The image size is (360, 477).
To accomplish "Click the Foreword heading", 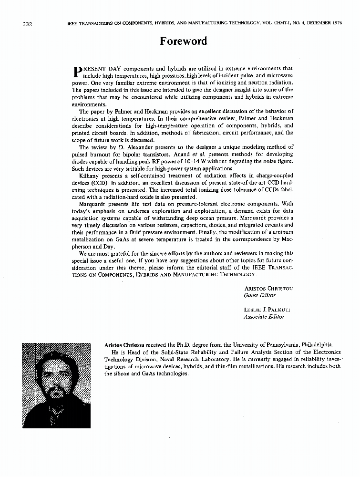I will pyautogui.click(x=184, y=41).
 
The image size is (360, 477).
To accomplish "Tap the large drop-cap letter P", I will pyautogui.click(x=76, y=72).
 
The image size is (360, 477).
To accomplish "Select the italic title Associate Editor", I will pyautogui.click(x=264, y=317).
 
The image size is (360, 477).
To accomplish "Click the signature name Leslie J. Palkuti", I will pyautogui.click(x=267, y=310).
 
